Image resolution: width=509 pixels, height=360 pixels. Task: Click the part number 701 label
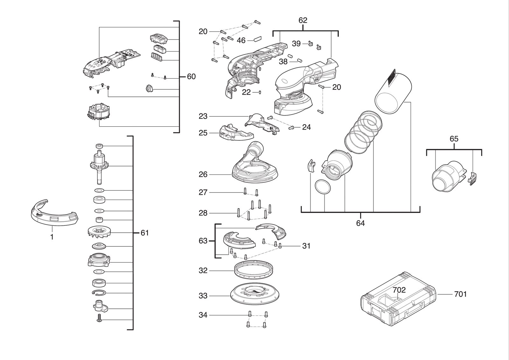pyautogui.click(x=460, y=294)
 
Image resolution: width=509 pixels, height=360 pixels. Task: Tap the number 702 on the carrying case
pyautogui.click(x=399, y=290)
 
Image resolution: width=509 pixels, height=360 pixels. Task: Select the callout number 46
pyautogui.click(x=241, y=40)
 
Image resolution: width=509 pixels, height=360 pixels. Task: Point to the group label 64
pyautogui.click(x=360, y=223)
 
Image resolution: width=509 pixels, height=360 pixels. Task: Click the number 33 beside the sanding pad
pyautogui.click(x=203, y=296)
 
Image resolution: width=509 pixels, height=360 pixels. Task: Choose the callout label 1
pyautogui.click(x=52, y=237)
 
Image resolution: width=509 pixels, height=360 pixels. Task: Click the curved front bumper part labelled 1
pyautogui.click(x=54, y=213)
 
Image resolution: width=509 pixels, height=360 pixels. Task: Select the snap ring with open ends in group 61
pyautogui.click(x=99, y=293)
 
